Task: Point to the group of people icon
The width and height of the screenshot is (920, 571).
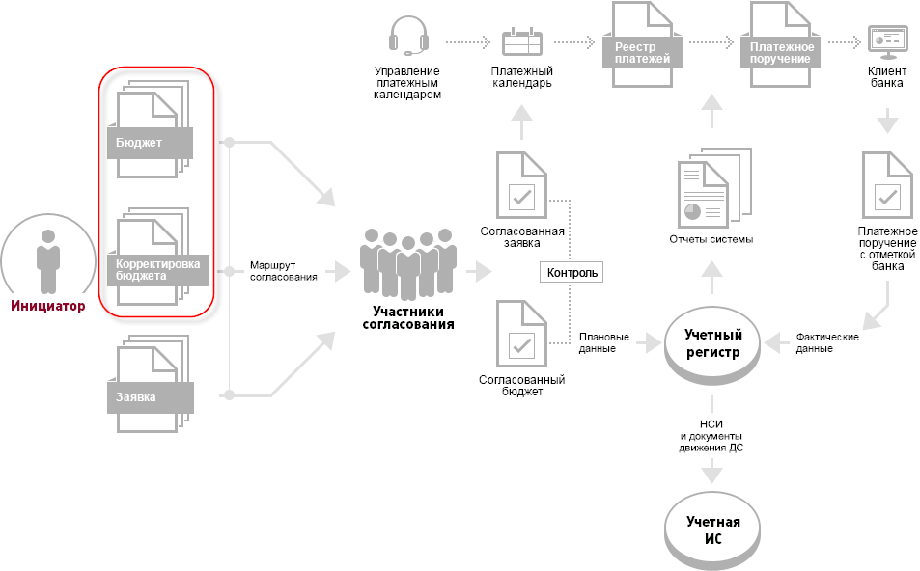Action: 407,260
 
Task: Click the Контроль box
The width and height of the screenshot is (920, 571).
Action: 572,273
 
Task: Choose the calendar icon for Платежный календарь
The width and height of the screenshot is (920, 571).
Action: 522,42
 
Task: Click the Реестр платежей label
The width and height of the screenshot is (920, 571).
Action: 636,53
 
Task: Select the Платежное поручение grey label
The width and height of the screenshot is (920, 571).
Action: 776,53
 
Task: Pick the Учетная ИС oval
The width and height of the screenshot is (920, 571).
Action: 712,530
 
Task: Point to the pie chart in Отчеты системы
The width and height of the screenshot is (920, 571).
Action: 691,209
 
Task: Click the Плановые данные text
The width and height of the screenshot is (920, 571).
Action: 604,343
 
